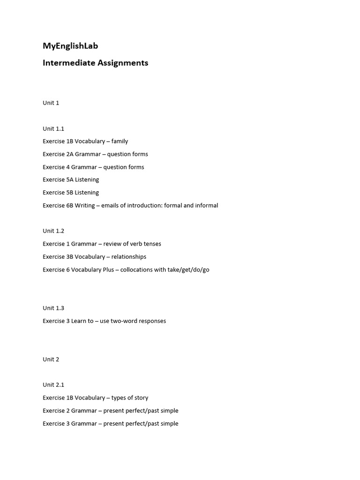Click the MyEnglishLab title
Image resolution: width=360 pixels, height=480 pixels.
coord(70,46)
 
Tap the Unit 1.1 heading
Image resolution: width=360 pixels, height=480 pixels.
coord(53,128)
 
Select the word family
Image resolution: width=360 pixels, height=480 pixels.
coord(120,141)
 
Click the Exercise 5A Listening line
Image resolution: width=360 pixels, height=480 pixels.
coord(71,180)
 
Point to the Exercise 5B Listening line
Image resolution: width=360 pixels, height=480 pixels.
coord(71,193)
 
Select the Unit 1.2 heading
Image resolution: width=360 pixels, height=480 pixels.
coord(53,231)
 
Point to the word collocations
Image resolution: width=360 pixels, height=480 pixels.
coord(136,270)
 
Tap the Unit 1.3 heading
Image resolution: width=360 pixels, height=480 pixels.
coord(53,308)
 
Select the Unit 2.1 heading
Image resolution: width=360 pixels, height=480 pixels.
coord(53,385)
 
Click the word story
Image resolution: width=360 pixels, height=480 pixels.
coord(141,398)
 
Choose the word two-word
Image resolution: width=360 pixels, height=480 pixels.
coord(123,321)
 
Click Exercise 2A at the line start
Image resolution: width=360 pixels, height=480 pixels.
coord(58,154)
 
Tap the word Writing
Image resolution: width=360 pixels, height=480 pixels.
coord(85,205)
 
